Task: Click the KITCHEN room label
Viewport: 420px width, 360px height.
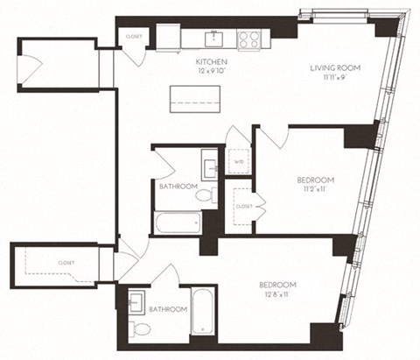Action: [x=212, y=61]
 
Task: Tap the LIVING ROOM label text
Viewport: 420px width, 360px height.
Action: [x=335, y=67]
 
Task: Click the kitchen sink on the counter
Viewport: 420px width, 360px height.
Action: [x=212, y=39]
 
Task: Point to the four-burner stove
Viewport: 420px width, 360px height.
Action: [x=247, y=39]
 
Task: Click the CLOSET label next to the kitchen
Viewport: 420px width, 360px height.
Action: [x=134, y=37]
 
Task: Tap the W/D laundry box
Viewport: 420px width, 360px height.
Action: [x=238, y=162]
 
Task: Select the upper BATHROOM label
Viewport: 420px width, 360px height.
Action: [x=178, y=187]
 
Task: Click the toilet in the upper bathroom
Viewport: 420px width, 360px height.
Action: [x=205, y=197]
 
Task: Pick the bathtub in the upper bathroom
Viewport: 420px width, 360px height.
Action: [x=178, y=222]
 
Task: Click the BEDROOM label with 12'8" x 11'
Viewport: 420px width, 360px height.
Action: [x=277, y=285]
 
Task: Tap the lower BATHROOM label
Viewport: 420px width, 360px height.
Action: [x=166, y=309]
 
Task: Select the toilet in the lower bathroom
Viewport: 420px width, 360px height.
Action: [x=141, y=328]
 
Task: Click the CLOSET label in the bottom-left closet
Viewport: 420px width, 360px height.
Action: [x=66, y=262]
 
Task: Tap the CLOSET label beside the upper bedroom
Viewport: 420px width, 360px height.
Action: [x=243, y=207]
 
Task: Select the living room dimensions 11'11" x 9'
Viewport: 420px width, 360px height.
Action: [x=335, y=77]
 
